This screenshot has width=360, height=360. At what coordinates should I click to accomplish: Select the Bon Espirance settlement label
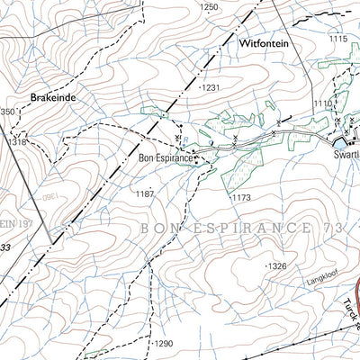pyautogui.click(x=166, y=158)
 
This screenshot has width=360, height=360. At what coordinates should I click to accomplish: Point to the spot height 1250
pyautogui.click(x=209, y=7)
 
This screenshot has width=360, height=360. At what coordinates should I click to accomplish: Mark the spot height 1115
pyautogui.click(x=338, y=39)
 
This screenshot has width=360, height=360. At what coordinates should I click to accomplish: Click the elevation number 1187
pyautogui.click(x=145, y=193)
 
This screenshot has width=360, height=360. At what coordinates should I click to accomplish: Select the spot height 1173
pyautogui.click(x=238, y=196)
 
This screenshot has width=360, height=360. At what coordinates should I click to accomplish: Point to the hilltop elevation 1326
pyautogui.click(x=276, y=266)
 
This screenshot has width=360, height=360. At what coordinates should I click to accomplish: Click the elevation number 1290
pyautogui.click(x=162, y=344)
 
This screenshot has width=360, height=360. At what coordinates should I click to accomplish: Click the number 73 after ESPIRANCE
pyautogui.click(x=335, y=229)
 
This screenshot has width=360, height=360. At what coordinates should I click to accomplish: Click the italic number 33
pyautogui.click(x=5, y=246)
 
